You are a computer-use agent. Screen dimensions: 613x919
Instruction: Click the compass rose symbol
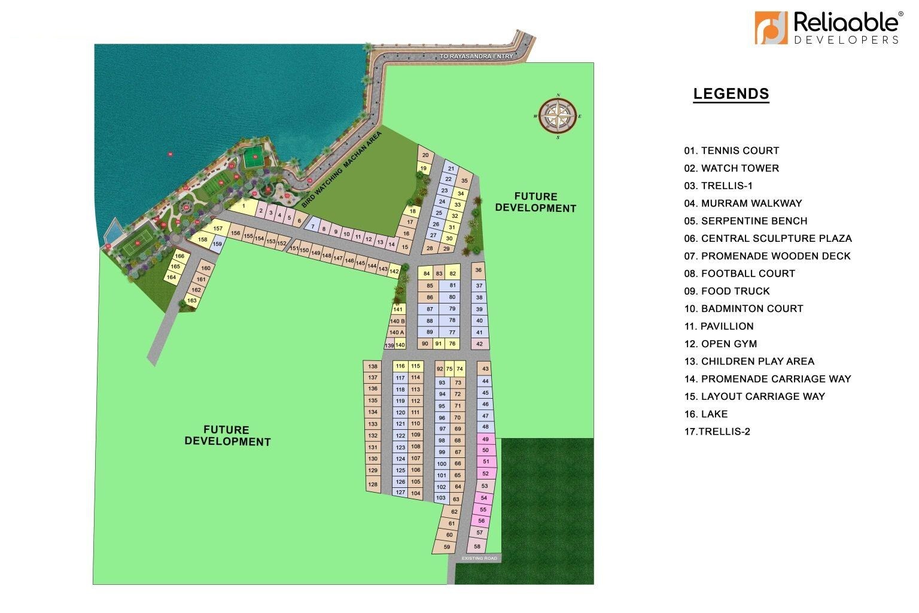tap(558, 116)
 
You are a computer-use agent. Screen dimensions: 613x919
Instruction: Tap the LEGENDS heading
tap(731, 94)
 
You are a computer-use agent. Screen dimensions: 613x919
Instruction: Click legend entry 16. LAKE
tap(706, 414)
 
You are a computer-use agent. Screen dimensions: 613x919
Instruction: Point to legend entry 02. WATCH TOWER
tap(732, 168)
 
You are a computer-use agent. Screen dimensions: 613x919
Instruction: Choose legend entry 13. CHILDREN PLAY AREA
tap(749, 361)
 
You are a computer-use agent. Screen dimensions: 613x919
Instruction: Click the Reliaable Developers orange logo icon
tap(771, 28)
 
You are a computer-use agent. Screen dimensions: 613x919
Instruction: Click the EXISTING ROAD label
tap(479, 559)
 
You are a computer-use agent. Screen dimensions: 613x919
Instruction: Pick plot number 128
tap(373, 484)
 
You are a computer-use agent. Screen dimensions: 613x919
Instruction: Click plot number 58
tap(477, 546)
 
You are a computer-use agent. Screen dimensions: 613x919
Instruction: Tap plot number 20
tap(425, 156)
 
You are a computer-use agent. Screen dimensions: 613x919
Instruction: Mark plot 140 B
tap(397, 321)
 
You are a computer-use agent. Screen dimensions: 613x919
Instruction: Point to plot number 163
tap(191, 301)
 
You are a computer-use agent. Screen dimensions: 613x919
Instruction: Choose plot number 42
tap(479, 344)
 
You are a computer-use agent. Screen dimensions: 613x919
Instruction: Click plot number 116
tap(400, 366)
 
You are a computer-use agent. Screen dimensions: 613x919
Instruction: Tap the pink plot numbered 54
tap(483, 498)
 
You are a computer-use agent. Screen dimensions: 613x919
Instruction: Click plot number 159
tap(217, 244)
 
